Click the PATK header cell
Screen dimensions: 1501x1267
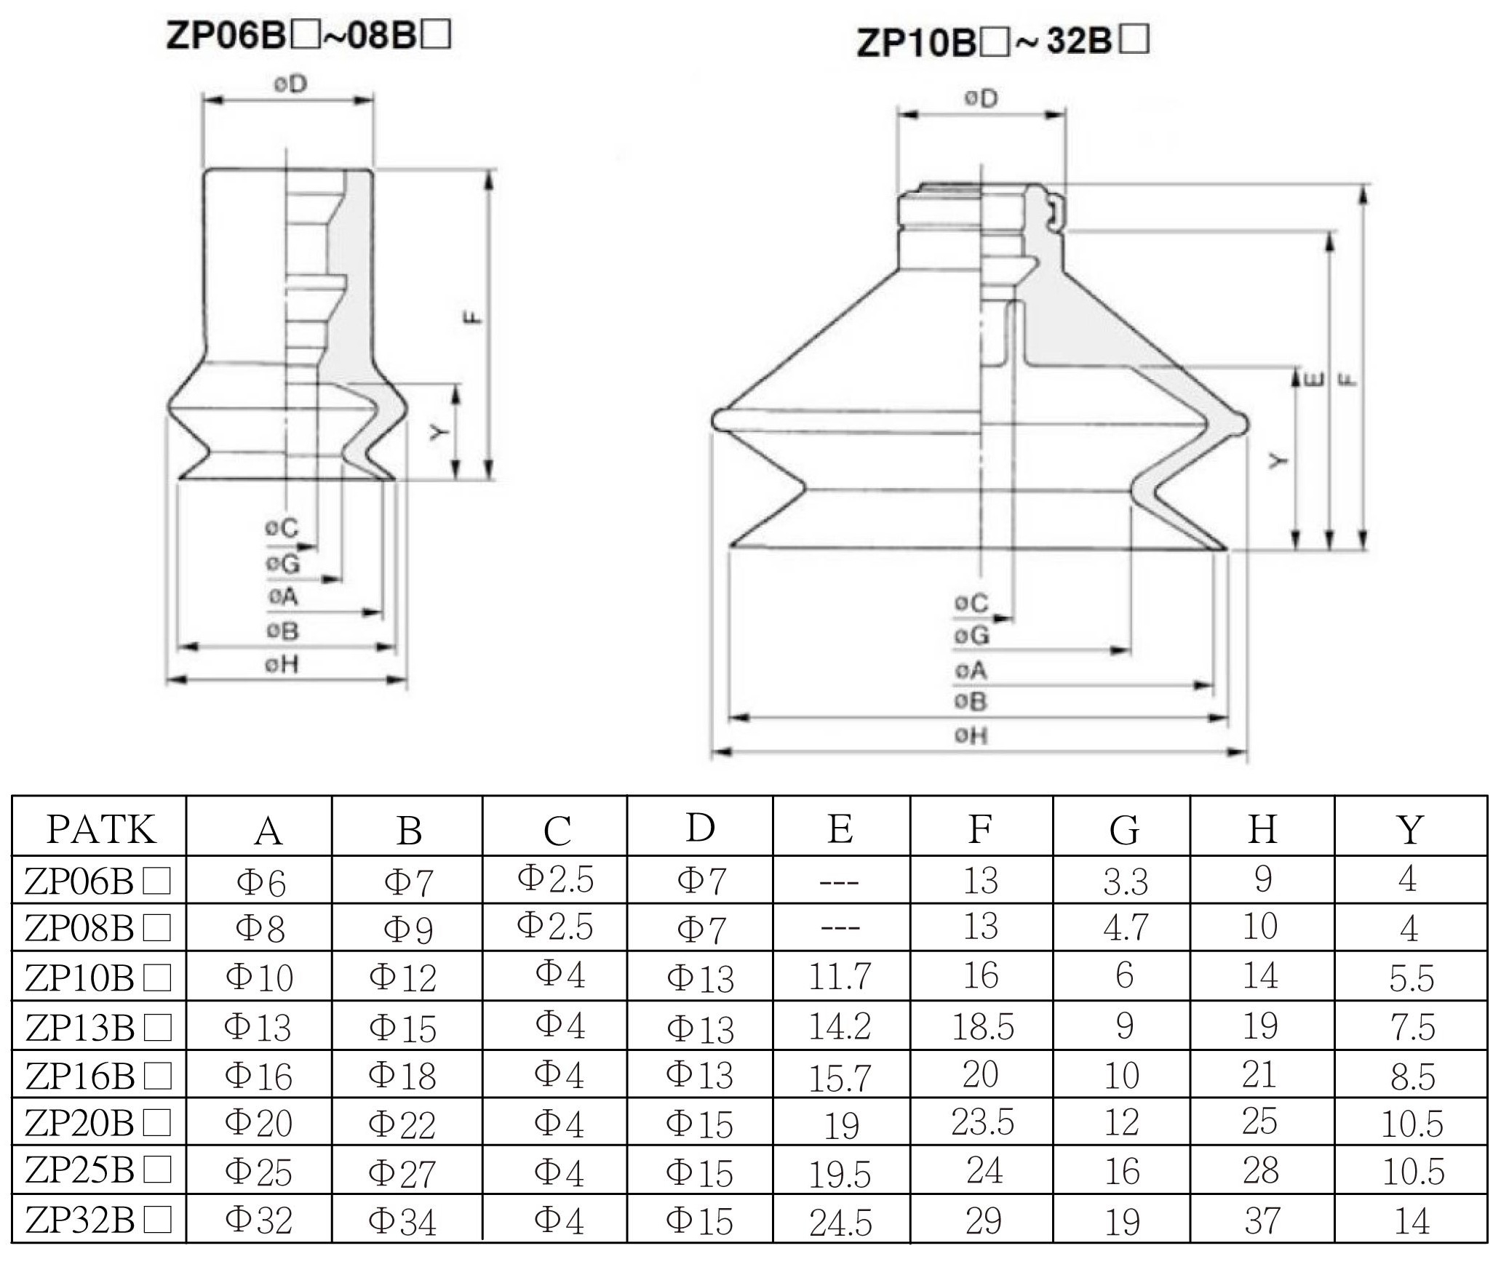click(x=101, y=828)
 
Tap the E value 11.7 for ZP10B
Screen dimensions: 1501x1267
click(x=840, y=976)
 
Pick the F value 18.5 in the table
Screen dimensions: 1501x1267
click(x=982, y=1026)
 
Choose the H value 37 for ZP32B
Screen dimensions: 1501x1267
click(x=1262, y=1220)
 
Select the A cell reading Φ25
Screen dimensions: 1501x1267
click(x=258, y=1171)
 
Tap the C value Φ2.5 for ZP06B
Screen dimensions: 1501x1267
click(x=555, y=878)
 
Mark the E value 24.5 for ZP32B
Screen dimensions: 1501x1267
click(x=840, y=1223)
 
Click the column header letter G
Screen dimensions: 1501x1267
click(x=1124, y=830)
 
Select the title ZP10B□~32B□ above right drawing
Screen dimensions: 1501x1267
click(x=1003, y=42)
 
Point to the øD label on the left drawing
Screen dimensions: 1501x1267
click(x=290, y=84)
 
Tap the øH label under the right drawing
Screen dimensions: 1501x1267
click(x=971, y=735)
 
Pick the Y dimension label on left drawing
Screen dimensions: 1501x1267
click(x=436, y=433)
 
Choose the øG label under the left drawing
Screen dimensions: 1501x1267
click(x=282, y=563)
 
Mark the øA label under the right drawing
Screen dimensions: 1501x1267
click(x=971, y=670)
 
